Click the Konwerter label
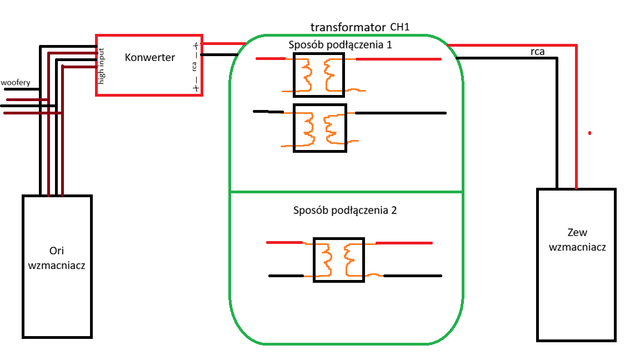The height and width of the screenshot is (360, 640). [150, 57]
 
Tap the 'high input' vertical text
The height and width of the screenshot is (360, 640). [101, 66]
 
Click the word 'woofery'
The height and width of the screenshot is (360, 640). [16, 82]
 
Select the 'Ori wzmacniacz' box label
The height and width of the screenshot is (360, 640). [56, 258]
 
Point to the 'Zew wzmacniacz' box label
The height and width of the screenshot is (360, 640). [577, 239]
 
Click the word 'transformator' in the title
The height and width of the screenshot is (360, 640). [348, 27]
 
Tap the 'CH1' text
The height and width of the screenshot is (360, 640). [399, 27]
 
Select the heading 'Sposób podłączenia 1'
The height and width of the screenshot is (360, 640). [340, 45]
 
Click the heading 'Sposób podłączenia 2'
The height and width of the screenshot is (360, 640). [345, 211]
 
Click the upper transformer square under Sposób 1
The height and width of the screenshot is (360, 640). [319, 75]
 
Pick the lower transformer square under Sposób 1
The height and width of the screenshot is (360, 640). [320, 128]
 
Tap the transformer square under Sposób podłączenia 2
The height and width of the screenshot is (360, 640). [339, 260]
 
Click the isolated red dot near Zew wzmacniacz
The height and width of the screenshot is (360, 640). [589, 133]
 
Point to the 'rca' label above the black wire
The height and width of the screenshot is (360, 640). [538, 52]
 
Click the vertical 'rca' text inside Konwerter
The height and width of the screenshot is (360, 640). [194, 67]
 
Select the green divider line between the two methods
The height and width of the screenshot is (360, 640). [346, 192]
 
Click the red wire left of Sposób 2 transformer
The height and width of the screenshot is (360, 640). [284, 242]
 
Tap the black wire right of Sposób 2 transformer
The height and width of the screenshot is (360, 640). [413, 276]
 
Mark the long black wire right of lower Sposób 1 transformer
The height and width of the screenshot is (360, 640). [401, 113]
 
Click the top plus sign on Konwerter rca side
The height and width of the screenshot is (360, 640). [196, 46]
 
